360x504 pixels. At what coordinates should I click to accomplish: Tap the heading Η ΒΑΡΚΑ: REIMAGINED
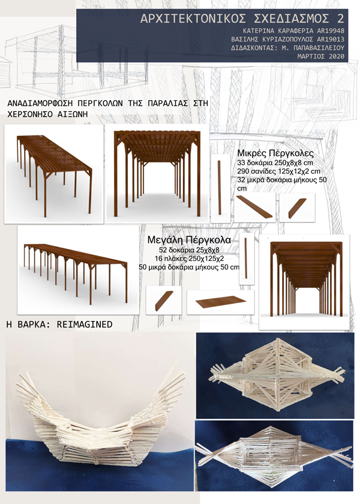59,324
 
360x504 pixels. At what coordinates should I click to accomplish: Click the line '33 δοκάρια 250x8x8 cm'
275,163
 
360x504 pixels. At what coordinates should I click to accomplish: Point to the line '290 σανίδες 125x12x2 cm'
279,171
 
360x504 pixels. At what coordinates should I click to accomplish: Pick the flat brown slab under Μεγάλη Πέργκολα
217,301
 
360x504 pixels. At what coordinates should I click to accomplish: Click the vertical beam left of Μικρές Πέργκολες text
220,187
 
